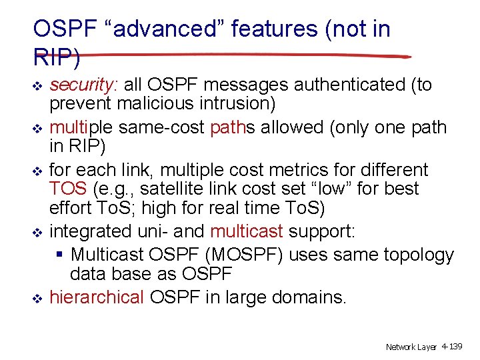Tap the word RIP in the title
(x=56, y=57)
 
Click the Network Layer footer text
(x=411, y=347)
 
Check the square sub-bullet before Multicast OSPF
(x=60, y=255)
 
